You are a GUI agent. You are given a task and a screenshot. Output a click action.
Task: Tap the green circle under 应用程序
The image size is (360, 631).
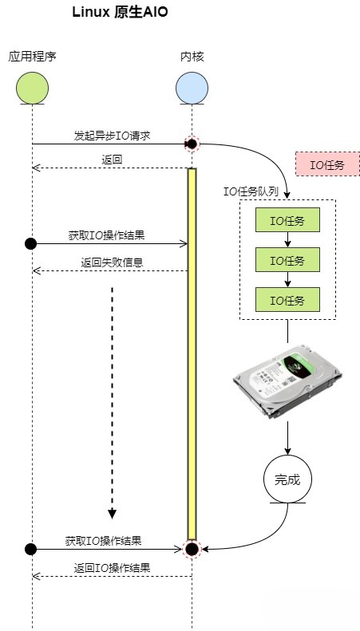pos(32,88)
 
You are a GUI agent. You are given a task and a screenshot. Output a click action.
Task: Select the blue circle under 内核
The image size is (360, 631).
pos(192,88)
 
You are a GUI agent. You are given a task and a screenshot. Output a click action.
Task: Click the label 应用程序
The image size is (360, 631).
pos(32,56)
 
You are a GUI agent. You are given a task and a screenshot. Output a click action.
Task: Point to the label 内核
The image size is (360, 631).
pos(192,56)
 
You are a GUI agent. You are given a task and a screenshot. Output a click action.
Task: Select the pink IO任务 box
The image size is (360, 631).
pos(327,164)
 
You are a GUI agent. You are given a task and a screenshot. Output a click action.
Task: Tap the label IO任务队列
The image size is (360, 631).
pos(251,191)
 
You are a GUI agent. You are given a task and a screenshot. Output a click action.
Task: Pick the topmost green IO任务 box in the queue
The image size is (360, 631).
pos(287,220)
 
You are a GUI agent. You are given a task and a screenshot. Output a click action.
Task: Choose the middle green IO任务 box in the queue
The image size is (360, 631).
pos(287,260)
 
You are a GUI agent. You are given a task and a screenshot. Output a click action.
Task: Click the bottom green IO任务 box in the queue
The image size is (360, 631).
pos(287,300)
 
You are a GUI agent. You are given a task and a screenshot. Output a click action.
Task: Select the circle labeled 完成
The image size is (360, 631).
pos(287,479)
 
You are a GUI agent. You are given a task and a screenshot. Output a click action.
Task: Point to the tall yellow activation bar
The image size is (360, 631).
pos(192,351)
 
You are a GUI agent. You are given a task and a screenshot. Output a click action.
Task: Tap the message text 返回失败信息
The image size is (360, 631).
pos(112,262)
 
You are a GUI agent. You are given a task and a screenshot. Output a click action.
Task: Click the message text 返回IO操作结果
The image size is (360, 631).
pos(112,568)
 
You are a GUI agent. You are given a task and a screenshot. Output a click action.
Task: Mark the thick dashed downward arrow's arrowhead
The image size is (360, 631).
pos(112,513)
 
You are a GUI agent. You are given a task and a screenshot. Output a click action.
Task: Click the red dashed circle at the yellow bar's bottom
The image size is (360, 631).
pos(192,549)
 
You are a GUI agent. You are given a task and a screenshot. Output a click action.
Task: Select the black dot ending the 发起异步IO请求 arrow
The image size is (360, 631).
pos(192,144)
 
